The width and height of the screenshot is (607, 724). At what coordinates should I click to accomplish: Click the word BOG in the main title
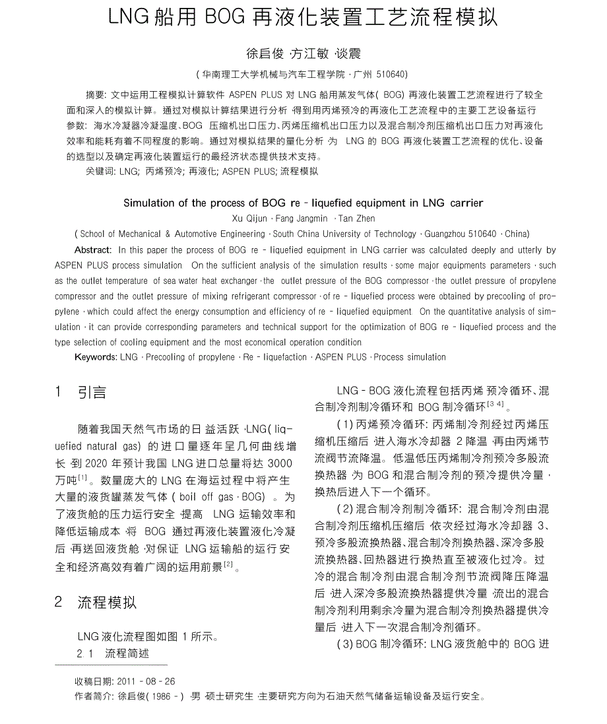click(x=224, y=18)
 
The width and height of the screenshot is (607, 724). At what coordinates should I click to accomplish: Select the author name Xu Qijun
click(x=251, y=218)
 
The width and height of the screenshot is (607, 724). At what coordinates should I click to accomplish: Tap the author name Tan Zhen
click(x=357, y=218)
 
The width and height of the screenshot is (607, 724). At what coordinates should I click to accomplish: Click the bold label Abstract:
click(x=93, y=250)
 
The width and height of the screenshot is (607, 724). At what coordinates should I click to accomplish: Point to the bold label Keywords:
click(x=96, y=357)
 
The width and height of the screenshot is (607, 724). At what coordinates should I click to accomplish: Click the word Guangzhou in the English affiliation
click(x=449, y=234)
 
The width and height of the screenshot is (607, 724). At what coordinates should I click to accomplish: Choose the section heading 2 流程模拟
click(x=96, y=602)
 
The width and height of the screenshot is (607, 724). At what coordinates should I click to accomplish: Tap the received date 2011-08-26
click(x=146, y=681)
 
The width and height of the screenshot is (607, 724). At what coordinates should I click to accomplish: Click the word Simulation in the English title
click(x=148, y=203)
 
